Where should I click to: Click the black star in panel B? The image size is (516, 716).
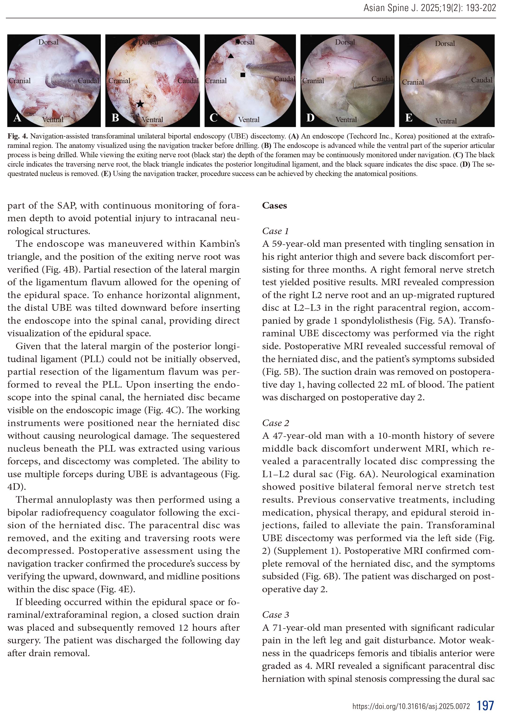click(x=140, y=104)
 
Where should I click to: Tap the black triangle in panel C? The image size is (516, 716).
click(x=231, y=56)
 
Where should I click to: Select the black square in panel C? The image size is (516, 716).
click(x=243, y=75)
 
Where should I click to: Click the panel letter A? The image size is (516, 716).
click(x=17, y=118)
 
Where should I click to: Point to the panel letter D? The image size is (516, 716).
click(x=310, y=117)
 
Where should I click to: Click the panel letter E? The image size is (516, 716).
click(x=409, y=118)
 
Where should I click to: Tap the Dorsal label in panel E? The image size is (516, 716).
click(x=445, y=44)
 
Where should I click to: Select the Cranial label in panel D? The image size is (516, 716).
click(x=313, y=81)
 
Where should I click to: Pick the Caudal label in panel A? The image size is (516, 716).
click(x=88, y=81)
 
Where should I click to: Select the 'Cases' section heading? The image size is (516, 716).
click(x=274, y=206)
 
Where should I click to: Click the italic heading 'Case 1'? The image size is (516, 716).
click(x=275, y=231)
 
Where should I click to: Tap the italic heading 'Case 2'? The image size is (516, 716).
click(x=275, y=423)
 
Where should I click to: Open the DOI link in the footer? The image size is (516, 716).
click(x=411, y=706)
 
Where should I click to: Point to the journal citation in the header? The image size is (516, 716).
click(x=429, y=8)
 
